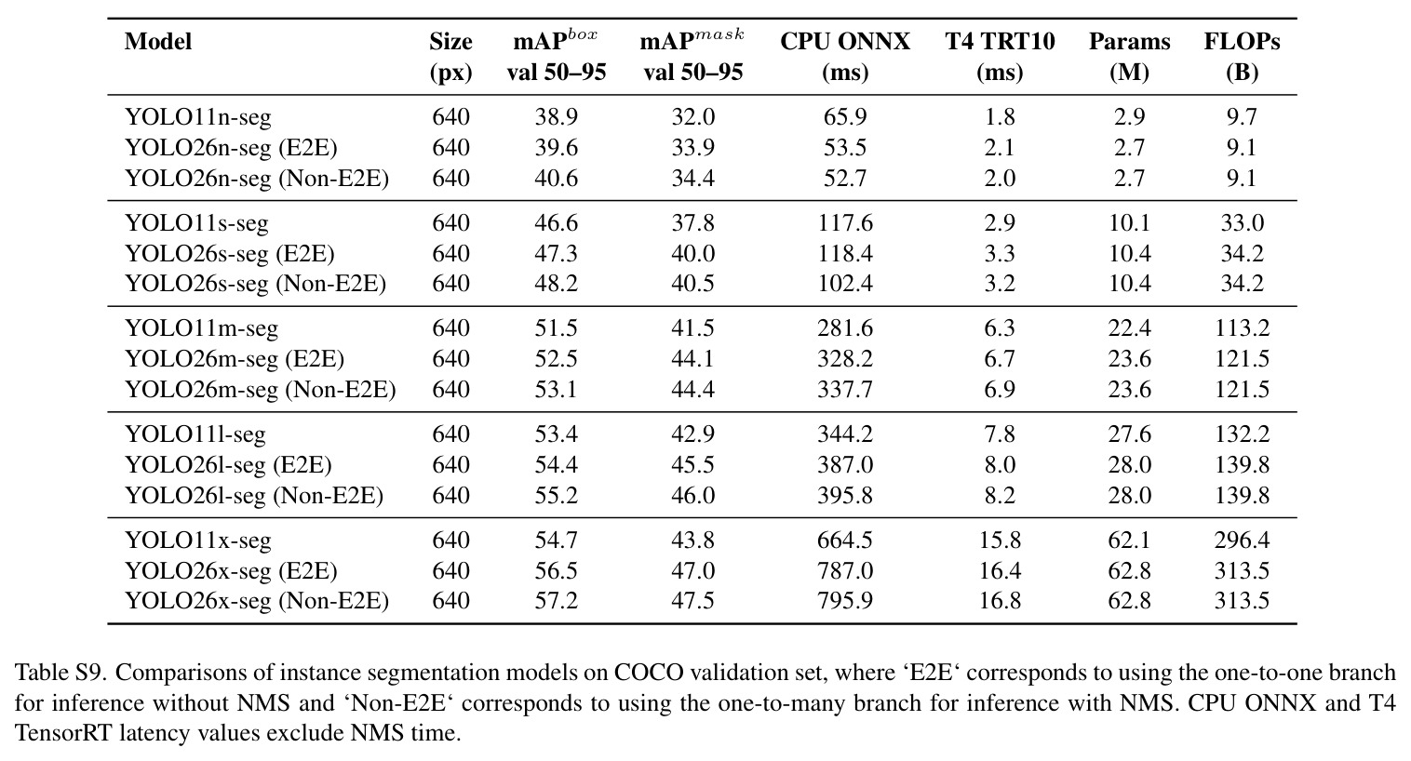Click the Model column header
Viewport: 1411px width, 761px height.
click(x=157, y=42)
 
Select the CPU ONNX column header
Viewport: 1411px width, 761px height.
click(x=845, y=57)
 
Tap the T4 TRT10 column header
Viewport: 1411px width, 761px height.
click(x=1000, y=57)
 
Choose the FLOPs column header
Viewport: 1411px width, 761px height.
click(x=1242, y=57)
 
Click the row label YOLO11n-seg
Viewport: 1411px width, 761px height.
click(x=198, y=117)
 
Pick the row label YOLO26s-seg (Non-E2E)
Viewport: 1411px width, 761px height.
click(x=255, y=284)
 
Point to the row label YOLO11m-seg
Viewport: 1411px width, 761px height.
click(x=201, y=328)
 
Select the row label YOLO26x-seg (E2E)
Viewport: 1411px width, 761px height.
click(x=231, y=571)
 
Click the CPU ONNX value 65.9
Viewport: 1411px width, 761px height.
click(x=845, y=117)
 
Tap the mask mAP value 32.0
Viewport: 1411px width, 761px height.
click(x=692, y=117)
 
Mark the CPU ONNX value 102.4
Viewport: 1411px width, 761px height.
click(x=845, y=284)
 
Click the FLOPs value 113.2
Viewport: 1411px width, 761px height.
click(x=1242, y=328)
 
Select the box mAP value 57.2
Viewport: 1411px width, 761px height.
click(x=557, y=601)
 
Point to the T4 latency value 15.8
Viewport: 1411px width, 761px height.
click(x=1000, y=541)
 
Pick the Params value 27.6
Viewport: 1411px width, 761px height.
click(x=1129, y=435)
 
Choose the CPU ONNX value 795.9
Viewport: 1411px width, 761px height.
click(x=845, y=601)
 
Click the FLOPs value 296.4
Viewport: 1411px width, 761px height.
click(x=1242, y=541)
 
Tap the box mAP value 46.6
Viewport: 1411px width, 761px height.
click(x=557, y=223)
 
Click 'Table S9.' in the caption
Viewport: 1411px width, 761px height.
click(x=60, y=673)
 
